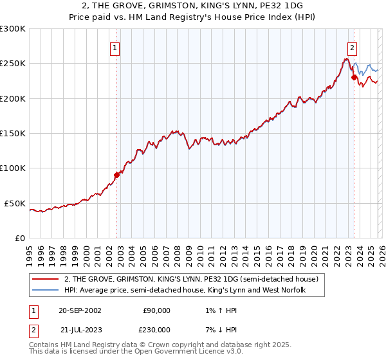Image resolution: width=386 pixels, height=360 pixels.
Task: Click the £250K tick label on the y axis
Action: coord(13,64)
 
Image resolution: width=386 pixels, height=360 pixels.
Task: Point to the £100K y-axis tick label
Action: coord(13,168)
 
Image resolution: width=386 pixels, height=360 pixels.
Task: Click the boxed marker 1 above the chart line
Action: coord(115,47)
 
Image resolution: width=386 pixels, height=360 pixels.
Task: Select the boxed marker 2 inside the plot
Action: coord(353,47)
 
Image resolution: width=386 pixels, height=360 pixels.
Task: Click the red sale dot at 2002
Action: coord(116,175)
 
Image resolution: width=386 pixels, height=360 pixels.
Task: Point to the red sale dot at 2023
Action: coord(353,77)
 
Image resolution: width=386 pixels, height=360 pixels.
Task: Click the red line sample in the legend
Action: coord(46,280)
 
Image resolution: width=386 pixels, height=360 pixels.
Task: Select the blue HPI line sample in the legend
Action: coord(46,291)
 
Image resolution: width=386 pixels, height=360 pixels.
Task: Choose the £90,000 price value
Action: coord(156,310)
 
